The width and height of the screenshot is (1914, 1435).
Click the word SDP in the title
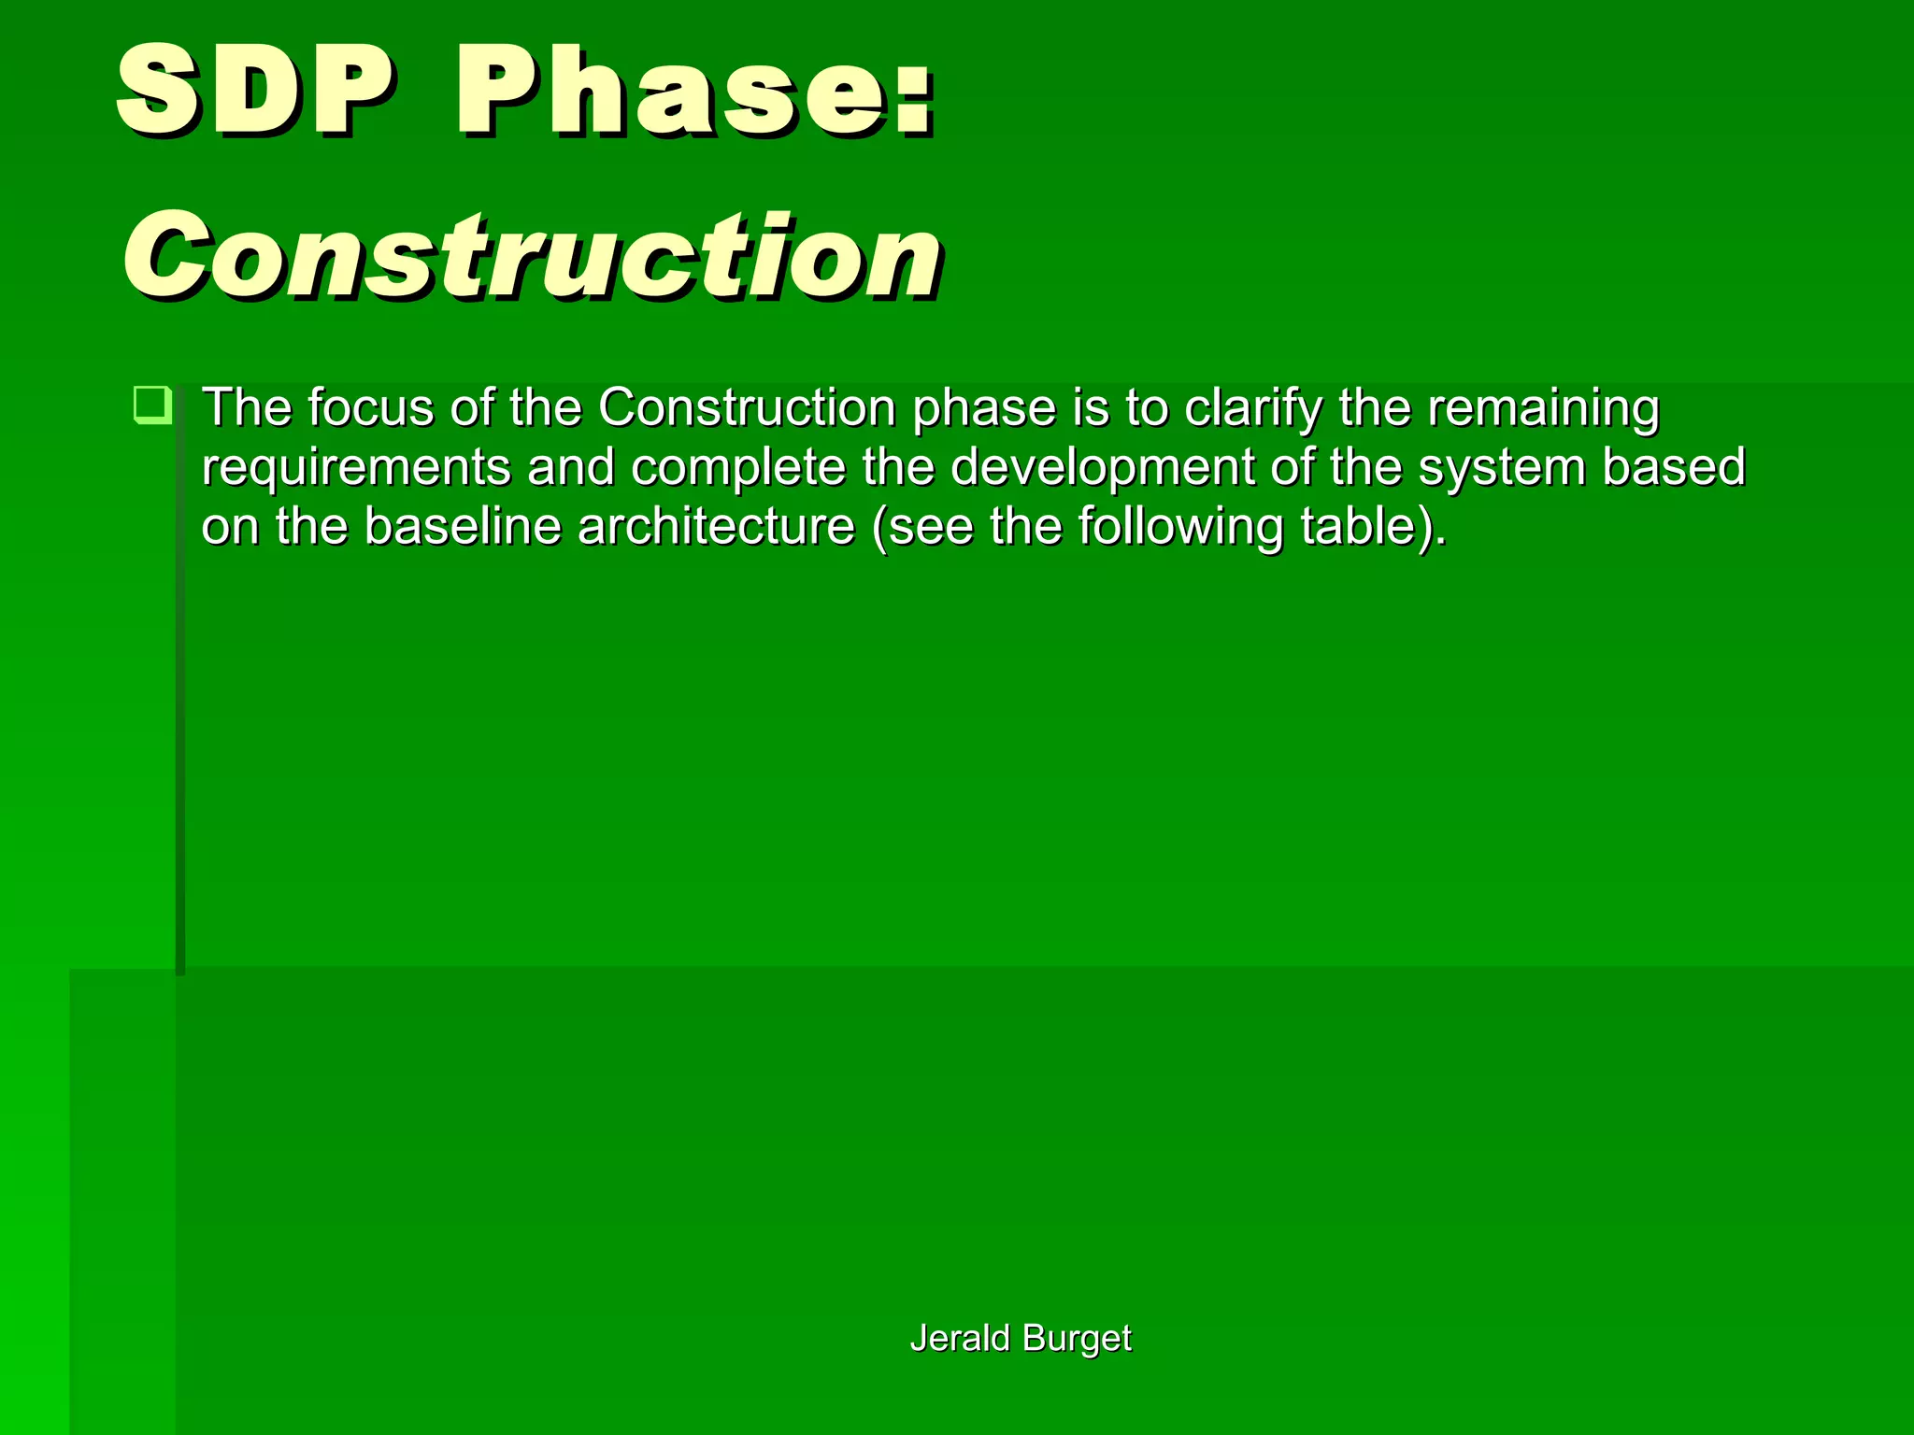(x=254, y=92)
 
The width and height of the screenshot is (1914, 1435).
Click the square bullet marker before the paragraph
(x=152, y=405)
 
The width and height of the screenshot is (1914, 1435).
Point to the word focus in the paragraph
(x=370, y=408)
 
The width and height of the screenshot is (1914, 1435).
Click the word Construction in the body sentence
(x=747, y=408)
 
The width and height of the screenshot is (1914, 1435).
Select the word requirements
(x=356, y=467)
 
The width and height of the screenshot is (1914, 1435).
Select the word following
(x=1181, y=526)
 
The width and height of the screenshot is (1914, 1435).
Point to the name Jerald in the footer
(x=960, y=1338)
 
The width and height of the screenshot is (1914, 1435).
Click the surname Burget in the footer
(x=1077, y=1338)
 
